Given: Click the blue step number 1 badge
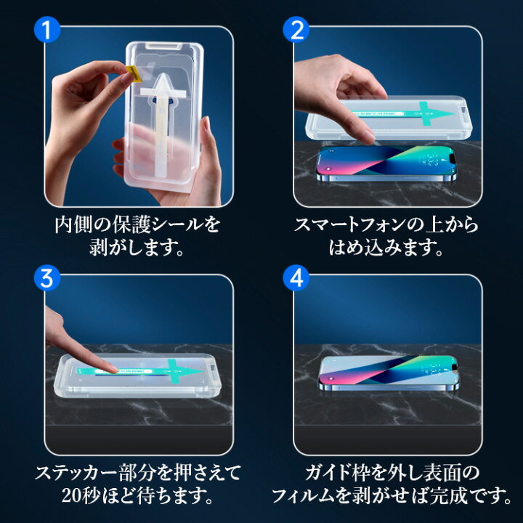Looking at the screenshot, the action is (x=47, y=29).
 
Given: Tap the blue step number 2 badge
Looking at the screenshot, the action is (x=296, y=29).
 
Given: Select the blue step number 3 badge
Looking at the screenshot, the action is (x=47, y=277).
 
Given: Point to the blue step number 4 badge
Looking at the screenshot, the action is (x=296, y=277).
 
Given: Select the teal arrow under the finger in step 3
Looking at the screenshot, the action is (x=140, y=371).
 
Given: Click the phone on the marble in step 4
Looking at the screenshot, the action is (x=389, y=373).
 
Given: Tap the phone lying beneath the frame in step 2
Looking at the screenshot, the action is (x=387, y=163).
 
